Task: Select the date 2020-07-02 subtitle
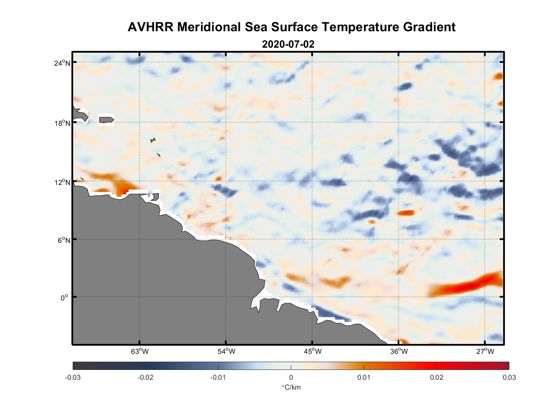point(288,44)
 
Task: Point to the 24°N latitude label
point(62,63)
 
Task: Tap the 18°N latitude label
point(62,123)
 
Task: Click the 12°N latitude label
point(62,182)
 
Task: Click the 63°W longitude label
point(140,351)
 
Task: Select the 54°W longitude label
point(226,351)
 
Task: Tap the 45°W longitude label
point(313,351)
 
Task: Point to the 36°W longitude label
point(399,351)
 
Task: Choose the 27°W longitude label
point(485,351)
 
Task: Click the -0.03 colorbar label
point(73,377)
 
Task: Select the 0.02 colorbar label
point(436,377)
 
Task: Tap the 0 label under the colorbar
point(291,377)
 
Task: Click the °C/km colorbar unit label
point(291,387)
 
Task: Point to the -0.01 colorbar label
point(218,377)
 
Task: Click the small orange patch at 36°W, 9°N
point(406,212)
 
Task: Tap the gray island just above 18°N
point(106,120)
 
